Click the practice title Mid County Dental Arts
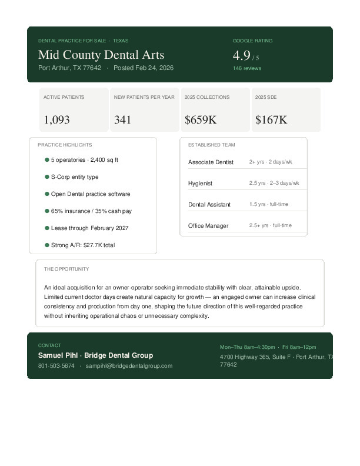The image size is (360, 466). pos(101,55)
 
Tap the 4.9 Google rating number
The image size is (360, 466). pos(242,56)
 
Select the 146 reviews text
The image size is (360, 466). pos(247,68)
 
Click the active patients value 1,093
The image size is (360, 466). pos(56,120)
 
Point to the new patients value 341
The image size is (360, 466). pos(122,120)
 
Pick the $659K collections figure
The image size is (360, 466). pos(201,120)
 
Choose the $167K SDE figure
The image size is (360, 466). pos(271,120)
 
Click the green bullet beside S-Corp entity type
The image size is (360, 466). pos(47,177)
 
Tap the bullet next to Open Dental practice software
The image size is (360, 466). pos(47,194)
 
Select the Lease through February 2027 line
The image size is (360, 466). pos(89,228)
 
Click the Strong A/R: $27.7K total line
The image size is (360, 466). pos(83,245)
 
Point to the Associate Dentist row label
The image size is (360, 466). pos(211,162)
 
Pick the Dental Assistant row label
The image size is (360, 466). pos(209,205)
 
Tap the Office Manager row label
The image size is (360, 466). pos(208,226)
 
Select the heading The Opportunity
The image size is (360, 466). pos(66,269)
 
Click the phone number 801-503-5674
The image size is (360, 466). pos(56,366)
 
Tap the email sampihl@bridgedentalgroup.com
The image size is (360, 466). pos(129,366)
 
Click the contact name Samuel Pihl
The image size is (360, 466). pos(58,355)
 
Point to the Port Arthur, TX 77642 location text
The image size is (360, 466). pos(69,68)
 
